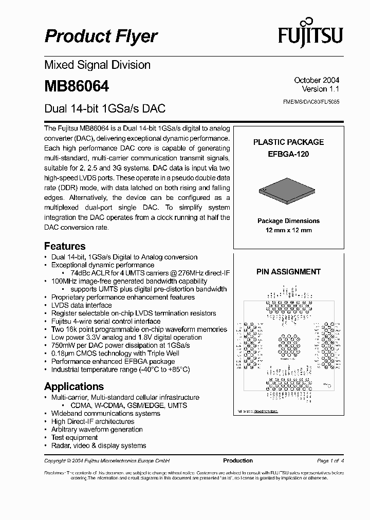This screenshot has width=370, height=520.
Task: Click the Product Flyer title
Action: coord(101,36)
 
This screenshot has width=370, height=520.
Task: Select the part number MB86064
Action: coord(77,86)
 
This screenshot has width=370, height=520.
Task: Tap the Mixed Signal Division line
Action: coord(97,65)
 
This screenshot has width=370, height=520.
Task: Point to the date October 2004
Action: coord(316,80)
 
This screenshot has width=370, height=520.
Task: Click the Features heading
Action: coord(65,246)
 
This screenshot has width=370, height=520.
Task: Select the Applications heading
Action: coord(74,386)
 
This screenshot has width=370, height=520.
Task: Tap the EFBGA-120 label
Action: coord(288,154)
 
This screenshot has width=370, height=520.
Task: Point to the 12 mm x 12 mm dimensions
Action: coord(288,230)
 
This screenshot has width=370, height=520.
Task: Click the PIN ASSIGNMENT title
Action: coord(288,272)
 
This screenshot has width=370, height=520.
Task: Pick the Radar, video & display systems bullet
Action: coord(99,445)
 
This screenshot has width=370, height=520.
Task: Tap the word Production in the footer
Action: coord(238,460)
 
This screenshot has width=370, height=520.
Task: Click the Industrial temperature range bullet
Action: coord(120,369)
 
